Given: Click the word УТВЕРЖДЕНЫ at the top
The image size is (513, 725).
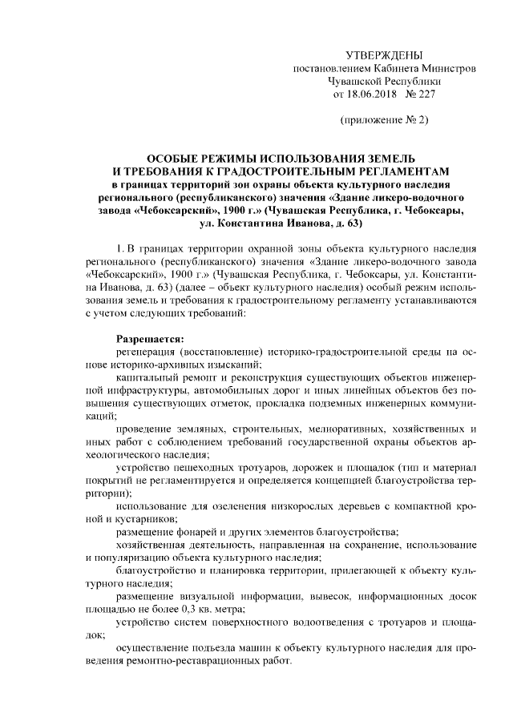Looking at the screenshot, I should (383, 55).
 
